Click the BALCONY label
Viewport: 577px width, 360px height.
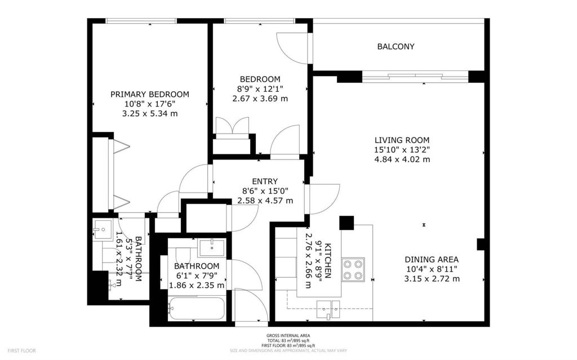396,47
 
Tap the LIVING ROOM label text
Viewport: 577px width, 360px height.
402,140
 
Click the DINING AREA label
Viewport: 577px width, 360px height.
432,260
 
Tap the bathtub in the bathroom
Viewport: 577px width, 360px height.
197,308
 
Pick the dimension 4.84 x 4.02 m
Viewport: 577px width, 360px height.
402,159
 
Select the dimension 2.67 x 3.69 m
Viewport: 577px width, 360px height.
260,99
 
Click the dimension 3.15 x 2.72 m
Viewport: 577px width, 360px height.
432,279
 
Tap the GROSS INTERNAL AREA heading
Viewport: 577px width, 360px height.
288,336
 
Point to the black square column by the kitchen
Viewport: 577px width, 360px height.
346,223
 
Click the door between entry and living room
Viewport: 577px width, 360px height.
321,199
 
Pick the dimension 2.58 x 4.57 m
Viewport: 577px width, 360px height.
265,201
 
